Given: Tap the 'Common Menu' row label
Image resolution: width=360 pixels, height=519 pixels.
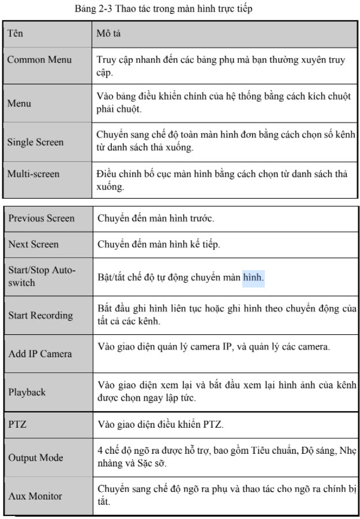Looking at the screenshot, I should [39, 60].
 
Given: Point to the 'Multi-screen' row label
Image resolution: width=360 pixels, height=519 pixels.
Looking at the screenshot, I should [34, 173].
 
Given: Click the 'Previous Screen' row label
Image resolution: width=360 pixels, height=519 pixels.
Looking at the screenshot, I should [42, 218].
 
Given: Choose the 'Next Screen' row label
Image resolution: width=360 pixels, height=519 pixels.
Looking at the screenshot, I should [33, 244].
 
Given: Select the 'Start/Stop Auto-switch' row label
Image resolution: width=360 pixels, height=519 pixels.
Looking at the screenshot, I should [42, 276].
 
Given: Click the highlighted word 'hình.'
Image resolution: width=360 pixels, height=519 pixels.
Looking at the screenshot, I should [253, 277].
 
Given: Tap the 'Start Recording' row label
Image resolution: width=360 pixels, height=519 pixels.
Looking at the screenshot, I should [40, 315].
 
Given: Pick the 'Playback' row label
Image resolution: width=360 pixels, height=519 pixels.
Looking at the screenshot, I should [27, 392].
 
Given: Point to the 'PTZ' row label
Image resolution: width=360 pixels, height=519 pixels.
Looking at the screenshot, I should [18, 424].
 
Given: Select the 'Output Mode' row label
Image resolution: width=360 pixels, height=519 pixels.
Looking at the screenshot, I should [36, 458].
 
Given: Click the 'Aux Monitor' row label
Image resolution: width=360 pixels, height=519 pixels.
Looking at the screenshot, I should [35, 496].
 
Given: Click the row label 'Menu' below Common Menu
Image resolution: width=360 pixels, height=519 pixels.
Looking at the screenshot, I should [20, 104].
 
